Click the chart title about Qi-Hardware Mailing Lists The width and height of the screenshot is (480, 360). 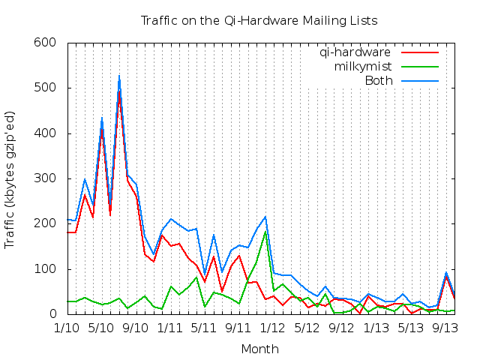coord(259,20)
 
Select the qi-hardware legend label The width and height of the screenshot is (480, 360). coord(355,52)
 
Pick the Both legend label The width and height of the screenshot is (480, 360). coord(378,80)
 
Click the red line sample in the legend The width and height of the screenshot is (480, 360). coord(419,52)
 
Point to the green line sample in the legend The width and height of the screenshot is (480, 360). coord(419,67)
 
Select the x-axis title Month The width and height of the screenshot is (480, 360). coord(259,349)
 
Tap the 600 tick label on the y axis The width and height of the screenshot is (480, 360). coord(47,43)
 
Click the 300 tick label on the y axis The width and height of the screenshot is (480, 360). coord(47,178)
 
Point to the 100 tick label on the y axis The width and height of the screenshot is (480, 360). coord(47,269)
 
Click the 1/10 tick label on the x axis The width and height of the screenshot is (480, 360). coord(67,328)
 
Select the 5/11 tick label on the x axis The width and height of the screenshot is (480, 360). coord(204,328)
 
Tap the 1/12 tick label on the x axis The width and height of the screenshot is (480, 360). coord(272,328)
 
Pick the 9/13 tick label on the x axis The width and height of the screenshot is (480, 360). coord(445,328)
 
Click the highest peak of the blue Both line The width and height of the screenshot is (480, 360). coord(118,76)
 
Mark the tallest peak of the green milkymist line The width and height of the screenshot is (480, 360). coord(265,231)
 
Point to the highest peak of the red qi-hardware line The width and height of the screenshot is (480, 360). coord(118,92)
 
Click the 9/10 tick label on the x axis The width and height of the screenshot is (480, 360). coord(136,328)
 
